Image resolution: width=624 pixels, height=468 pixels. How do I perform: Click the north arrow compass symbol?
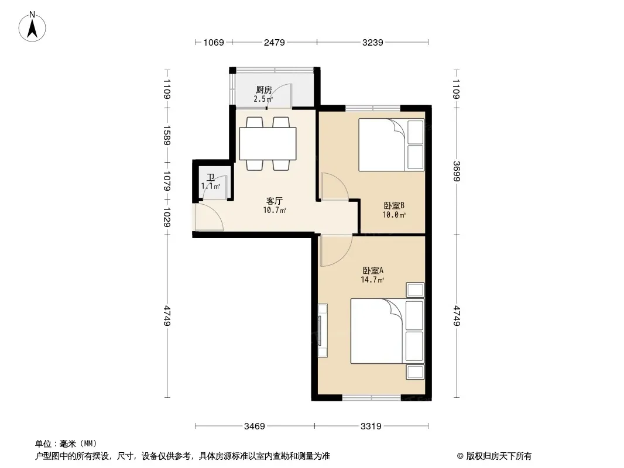click(x=32, y=27)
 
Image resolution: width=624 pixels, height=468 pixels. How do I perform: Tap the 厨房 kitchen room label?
click(x=264, y=90)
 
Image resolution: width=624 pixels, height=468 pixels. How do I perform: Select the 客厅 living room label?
click(x=274, y=201)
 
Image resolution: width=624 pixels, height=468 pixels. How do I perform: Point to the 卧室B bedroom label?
click(x=394, y=205)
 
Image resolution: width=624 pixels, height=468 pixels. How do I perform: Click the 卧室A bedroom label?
click(x=373, y=270)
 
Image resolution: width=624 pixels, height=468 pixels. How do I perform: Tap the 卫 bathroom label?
click(x=211, y=177)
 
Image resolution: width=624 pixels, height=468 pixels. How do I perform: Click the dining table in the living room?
click(x=268, y=143)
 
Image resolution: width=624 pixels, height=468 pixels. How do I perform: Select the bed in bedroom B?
click(x=391, y=144)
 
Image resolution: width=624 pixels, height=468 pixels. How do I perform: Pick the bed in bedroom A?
click(x=387, y=331)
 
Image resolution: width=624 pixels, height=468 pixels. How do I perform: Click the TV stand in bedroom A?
click(x=323, y=331)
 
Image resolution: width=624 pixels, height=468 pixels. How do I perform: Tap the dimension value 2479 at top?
click(x=274, y=42)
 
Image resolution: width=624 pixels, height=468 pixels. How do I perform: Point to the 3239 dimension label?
click(x=372, y=42)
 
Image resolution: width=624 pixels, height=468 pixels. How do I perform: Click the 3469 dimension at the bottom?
click(x=254, y=426)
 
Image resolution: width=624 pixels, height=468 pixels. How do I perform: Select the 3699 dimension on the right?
click(x=456, y=171)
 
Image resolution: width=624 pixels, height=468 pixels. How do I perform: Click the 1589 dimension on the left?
click(x=167, y=135)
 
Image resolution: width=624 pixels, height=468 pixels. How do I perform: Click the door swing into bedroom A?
click(x=336, y=250)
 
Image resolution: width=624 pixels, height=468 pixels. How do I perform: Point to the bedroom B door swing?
click(x=335, y=186)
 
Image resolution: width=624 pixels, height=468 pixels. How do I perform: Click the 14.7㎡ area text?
click(x=372, y=280)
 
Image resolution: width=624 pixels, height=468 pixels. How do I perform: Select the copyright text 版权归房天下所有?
click(x=499, y=456)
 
